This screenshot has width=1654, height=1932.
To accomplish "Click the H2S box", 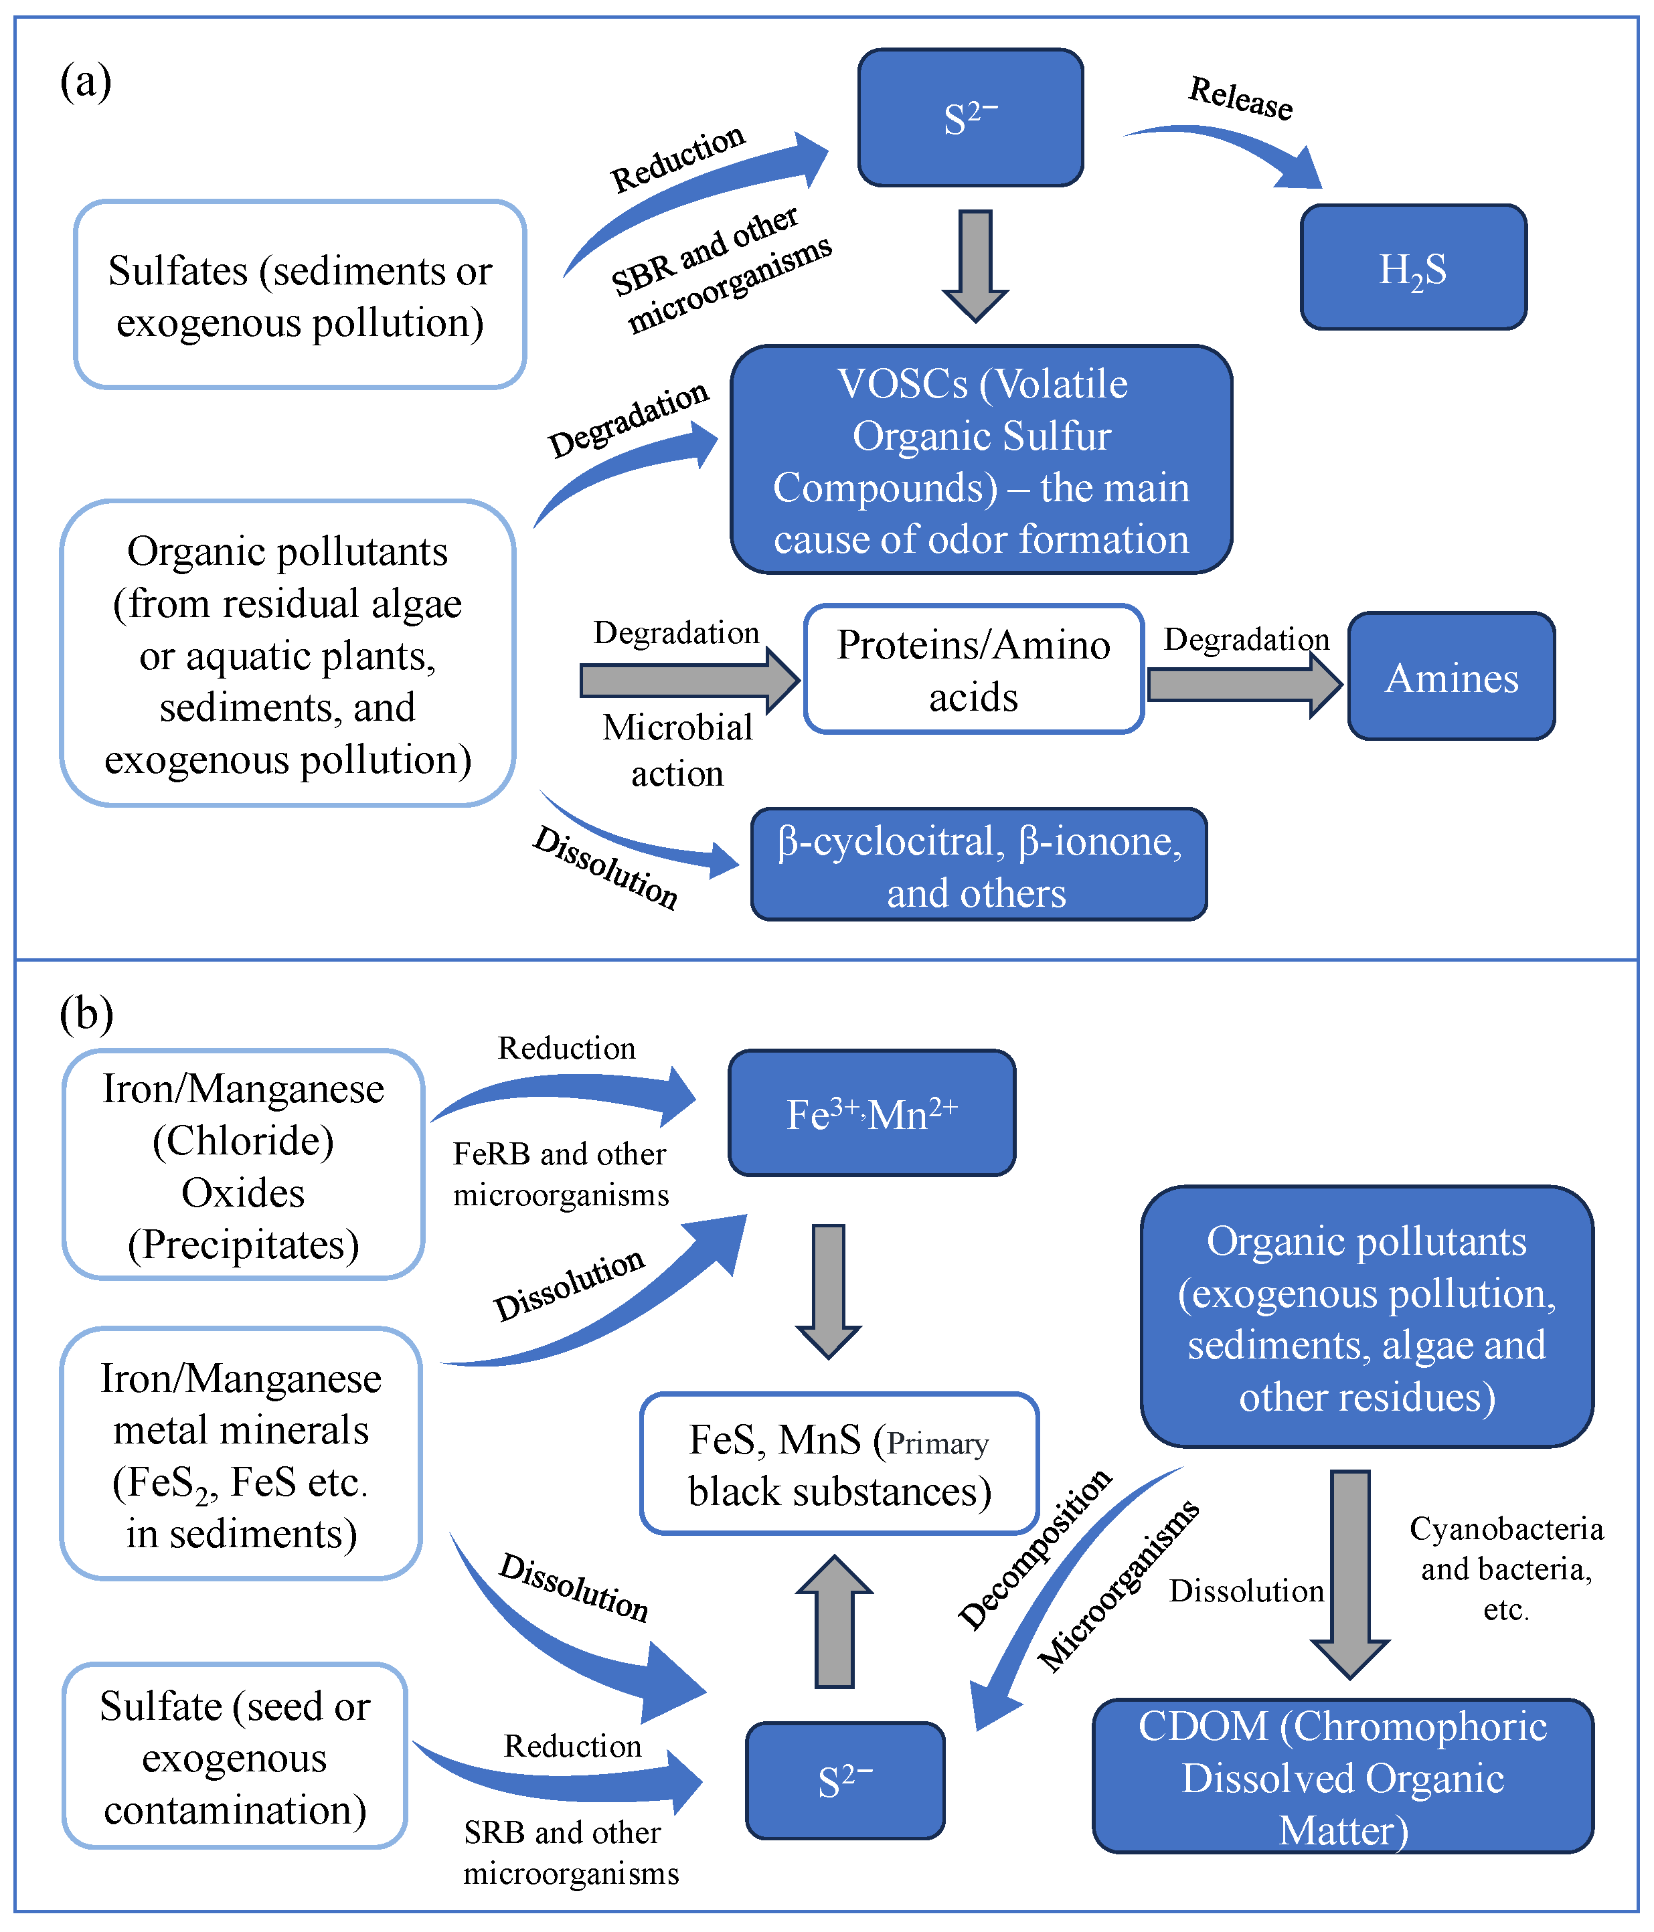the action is pos(1413,268).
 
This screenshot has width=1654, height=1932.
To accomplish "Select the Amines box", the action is pos(1452,676).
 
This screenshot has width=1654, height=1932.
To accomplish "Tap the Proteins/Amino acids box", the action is pos(974,669).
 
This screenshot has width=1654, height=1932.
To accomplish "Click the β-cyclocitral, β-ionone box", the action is pos(979,865).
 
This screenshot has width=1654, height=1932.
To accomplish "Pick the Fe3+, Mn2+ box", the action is pos(872,1112).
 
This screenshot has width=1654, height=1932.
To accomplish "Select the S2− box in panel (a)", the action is pos(970,118).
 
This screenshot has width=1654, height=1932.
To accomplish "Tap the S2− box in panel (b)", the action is pos(845,1781).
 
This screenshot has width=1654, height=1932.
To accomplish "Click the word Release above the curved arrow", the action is pos(1241,98).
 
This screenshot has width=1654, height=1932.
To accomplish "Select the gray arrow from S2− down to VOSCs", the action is pos(975,266).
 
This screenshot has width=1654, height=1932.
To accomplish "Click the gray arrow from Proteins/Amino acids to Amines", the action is pos(1244,685).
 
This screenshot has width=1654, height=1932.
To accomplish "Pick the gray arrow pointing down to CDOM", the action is pos(1350,1575).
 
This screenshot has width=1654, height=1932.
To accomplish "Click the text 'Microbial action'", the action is pos(678,751).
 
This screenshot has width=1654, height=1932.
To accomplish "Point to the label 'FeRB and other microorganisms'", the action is pos(561,1174).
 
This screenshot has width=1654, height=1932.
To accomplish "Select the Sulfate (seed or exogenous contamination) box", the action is pos(235,1757).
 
